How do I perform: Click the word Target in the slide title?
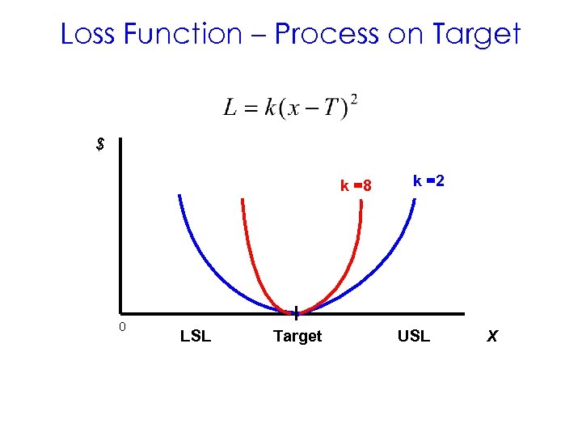pyautogui.click(x=474, y=34)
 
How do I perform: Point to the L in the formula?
pyautogui.click(x=230, y=109)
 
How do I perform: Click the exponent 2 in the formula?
pyautogui.click(x=354, y=100)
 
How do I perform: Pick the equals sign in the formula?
pyautogui.click(x=251, y=110)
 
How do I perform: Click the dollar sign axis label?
pyautogui.click(x=100, y=145)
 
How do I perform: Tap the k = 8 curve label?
pyautogui.click(x=356, y=186)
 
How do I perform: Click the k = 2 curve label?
pyautogui.click(x=428, y=181)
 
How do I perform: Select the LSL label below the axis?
pyautogui.click(x=196, y=336)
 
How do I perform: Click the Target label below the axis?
pyautogui.click(x=297, y=336)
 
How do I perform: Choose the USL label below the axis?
pyautogui.click(x=414, y=336)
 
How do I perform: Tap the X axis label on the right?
pyautogui.click(x=491, y=336)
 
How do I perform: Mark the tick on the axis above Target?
pyautogui.click(x=297, y=312)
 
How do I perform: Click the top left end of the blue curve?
pyautogui.click(x=179, y=196)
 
